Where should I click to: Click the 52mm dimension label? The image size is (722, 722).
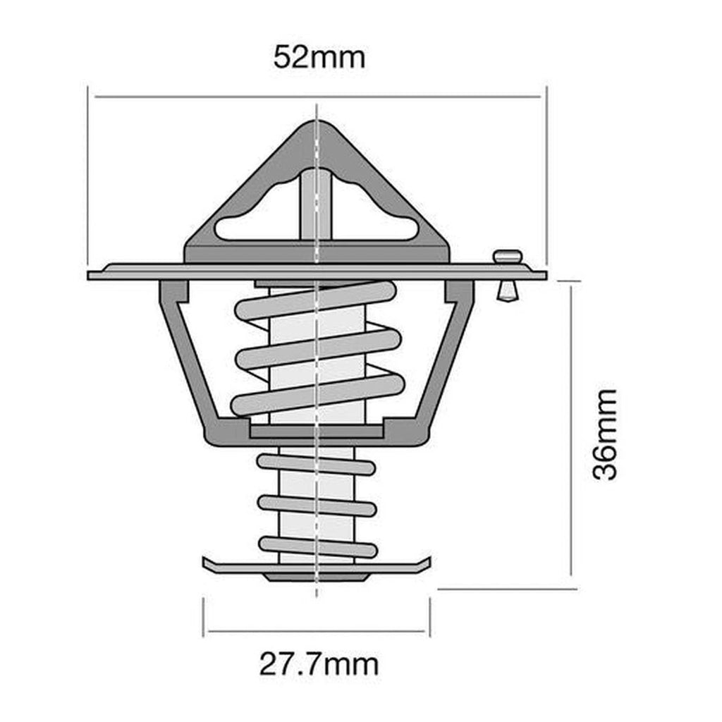point(319,56)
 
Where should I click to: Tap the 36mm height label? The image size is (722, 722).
point(605,434)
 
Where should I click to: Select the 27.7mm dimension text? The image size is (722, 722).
point(318,663)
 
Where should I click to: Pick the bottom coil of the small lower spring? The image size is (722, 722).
point(317,546)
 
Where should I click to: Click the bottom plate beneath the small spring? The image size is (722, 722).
point(316,567)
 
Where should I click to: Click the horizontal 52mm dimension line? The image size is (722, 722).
point(212,96)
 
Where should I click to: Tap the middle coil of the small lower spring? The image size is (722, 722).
point(317,505)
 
